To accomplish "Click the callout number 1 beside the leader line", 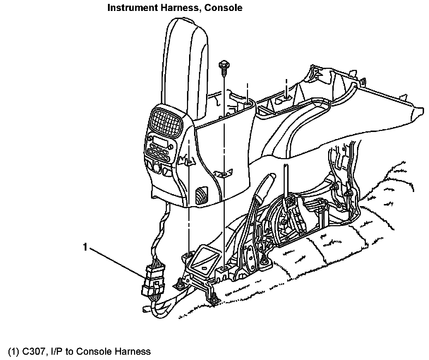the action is pyautogui.click(x=85, y=247).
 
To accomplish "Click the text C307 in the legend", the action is pyautogui.click(x=32, y=352).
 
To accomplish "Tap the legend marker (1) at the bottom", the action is pyautogui.click(x=13, y=352).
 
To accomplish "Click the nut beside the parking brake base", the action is pyautogui.click(x=264, y=261).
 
